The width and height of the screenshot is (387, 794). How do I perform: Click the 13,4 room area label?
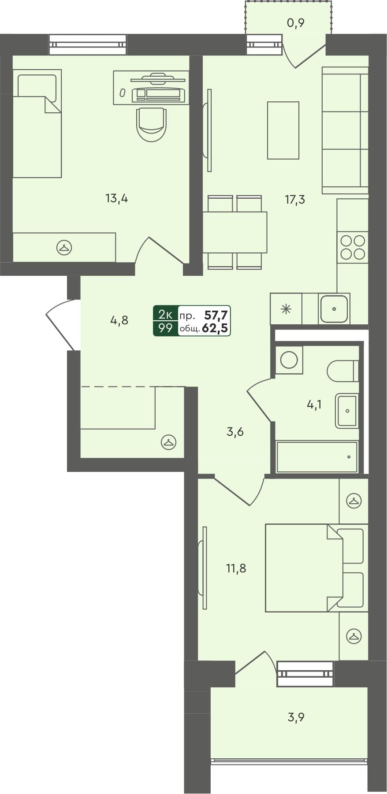click(117, 198)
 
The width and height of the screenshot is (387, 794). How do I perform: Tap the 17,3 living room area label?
click(295, 200)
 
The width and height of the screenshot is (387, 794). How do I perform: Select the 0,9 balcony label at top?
click(296, 23)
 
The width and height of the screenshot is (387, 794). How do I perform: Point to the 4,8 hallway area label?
click(119, 320)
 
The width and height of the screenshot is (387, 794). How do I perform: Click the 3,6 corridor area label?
click(235, 432)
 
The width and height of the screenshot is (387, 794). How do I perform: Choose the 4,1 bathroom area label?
click(314, 404)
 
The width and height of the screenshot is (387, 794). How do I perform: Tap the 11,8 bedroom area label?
click(236, 568)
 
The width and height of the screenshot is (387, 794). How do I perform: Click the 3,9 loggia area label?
click(296, 717)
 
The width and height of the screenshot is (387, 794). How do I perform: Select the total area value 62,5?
click(215, 328)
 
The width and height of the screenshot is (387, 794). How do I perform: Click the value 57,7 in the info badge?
click(216, 315)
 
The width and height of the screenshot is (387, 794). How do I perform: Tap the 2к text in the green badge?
click(165, 314)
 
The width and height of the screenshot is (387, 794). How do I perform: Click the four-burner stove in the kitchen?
click(353, 247)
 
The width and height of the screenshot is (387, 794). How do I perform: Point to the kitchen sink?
click(334, 309)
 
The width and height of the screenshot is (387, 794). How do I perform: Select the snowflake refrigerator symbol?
click(286, 309)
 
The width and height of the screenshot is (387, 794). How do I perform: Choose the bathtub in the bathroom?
click(316, 457)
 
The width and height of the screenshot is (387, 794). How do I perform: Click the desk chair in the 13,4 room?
click(152, 124)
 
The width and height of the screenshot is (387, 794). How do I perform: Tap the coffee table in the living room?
click(283, 130)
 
